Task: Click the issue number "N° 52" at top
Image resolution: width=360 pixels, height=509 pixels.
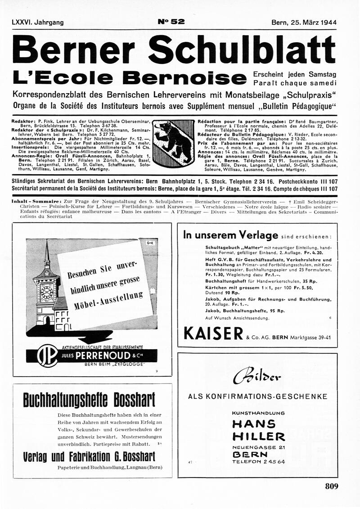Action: click(x=171, y=22)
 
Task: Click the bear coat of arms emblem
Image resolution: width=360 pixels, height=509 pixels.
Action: click(x=173, y=141)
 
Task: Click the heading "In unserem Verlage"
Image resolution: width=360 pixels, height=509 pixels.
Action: click(x=230, y=235)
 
